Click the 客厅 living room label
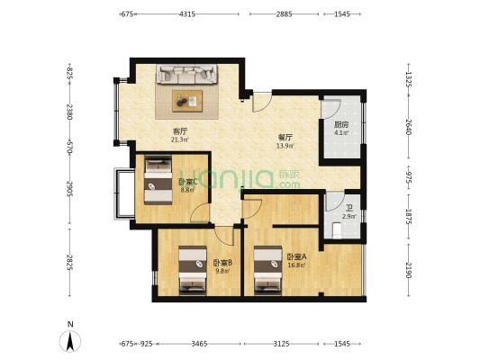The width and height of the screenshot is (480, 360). click(x=180, y=130)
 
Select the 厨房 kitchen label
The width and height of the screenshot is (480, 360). click(x=341, y=125)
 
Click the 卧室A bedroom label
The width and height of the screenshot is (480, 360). click(x=296, y=257)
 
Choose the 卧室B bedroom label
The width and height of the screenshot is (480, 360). click(x=222, y=263)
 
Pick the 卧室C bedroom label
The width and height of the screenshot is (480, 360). click(x=187, y=181)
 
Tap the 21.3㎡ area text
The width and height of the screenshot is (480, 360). click(x=180, y=139)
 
